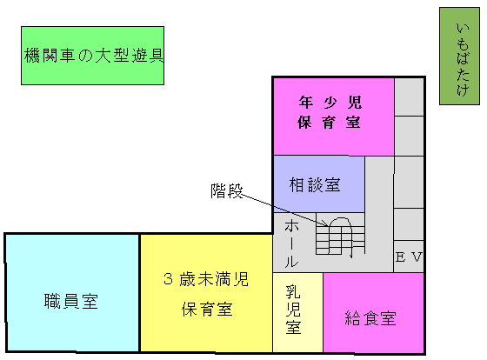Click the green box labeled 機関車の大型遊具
(x=92, y=56)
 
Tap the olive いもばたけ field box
(x=459, y=57)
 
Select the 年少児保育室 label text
(x=330, y=112)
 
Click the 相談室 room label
(x=315, y=185)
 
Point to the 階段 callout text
(x=227, y=190)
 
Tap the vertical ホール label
(x=291, y=243)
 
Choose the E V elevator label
(x=409, y=257)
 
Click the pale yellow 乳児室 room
(x=297, y=312)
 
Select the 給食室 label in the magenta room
(x=370, y=317)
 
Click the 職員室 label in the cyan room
(x=71, y=301)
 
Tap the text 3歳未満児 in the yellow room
(x=206, y=279)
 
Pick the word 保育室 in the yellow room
(x=207, y=309)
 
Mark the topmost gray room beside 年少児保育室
(x=409, y=97)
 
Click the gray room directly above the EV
(x=409, y=224)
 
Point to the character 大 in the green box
(x=103, y=56)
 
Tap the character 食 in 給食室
(x=370, y=317)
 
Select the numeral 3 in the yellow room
(x=168, y=279)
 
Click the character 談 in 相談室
(x=315, y=185)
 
